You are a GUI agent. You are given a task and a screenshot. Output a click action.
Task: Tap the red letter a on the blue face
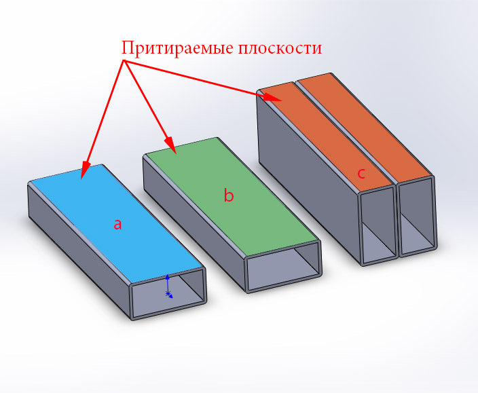coord(117,224)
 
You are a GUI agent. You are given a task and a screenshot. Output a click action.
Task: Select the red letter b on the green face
coord(229,197)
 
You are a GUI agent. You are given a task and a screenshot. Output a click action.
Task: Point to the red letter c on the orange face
coord(361,174)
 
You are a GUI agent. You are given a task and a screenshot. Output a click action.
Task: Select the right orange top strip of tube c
coord(367,122)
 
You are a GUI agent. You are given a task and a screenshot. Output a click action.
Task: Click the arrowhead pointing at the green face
coord(171,146)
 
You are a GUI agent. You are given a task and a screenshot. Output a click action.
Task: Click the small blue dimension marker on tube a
coord(168,286)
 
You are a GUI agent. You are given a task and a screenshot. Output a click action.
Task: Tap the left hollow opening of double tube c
coord(378,231)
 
